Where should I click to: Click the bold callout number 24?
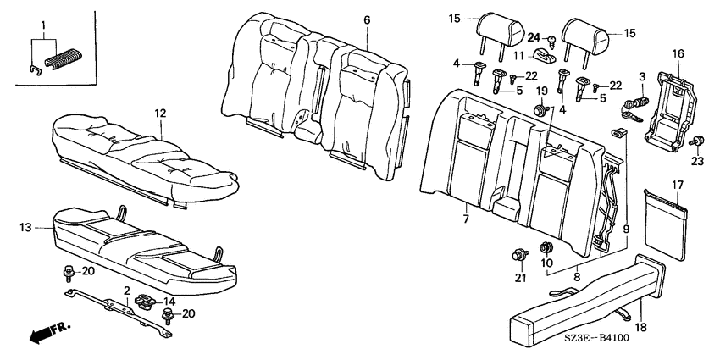click(534, 37)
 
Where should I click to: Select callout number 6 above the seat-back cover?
click(367, 20)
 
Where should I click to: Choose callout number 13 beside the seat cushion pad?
click(26, 227)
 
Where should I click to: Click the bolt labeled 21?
click(520, 254)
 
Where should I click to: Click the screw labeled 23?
click(697, 140)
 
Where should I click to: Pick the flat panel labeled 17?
click(665, 224)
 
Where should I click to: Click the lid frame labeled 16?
click(668, 113)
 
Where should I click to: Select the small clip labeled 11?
click(544, 56)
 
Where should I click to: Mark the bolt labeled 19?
click(539, 110)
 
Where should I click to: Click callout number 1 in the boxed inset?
click(43, 25)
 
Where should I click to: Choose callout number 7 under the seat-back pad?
click(466, 219)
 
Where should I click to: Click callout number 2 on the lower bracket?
click(126, 291)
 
